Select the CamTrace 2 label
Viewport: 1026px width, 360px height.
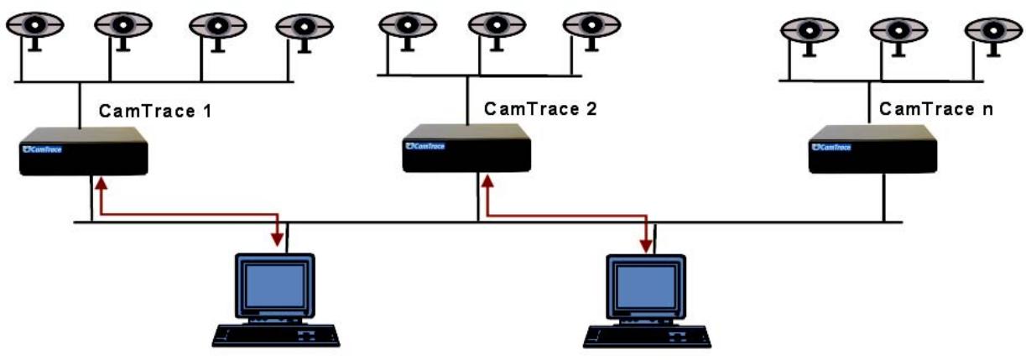pyautogui.click(x=539, y=110)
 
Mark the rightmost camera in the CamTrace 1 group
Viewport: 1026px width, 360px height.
pyautogui.click(x=304, y=28)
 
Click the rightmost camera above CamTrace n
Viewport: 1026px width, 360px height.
pyautogui.click(x=993, y=31)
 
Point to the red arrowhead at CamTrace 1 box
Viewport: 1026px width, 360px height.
pyautogui.click(x=100, y=182)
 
